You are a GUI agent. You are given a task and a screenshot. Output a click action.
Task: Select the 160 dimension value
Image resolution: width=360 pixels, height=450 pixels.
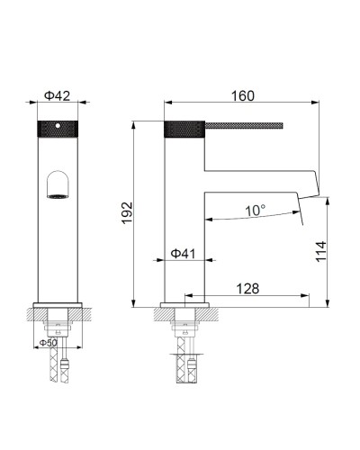pos(241,94)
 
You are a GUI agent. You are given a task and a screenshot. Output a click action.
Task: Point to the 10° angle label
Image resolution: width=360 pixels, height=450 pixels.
pos(255,211)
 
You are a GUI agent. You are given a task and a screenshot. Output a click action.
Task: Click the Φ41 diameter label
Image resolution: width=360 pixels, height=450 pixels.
pos(184,255)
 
